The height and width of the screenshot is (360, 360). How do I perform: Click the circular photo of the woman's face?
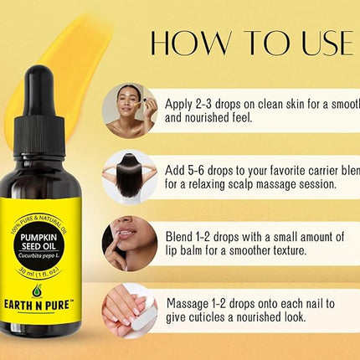coord(129,108)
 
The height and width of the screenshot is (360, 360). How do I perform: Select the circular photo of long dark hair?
coord(129,174)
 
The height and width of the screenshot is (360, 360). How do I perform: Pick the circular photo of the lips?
coord(129,242)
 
